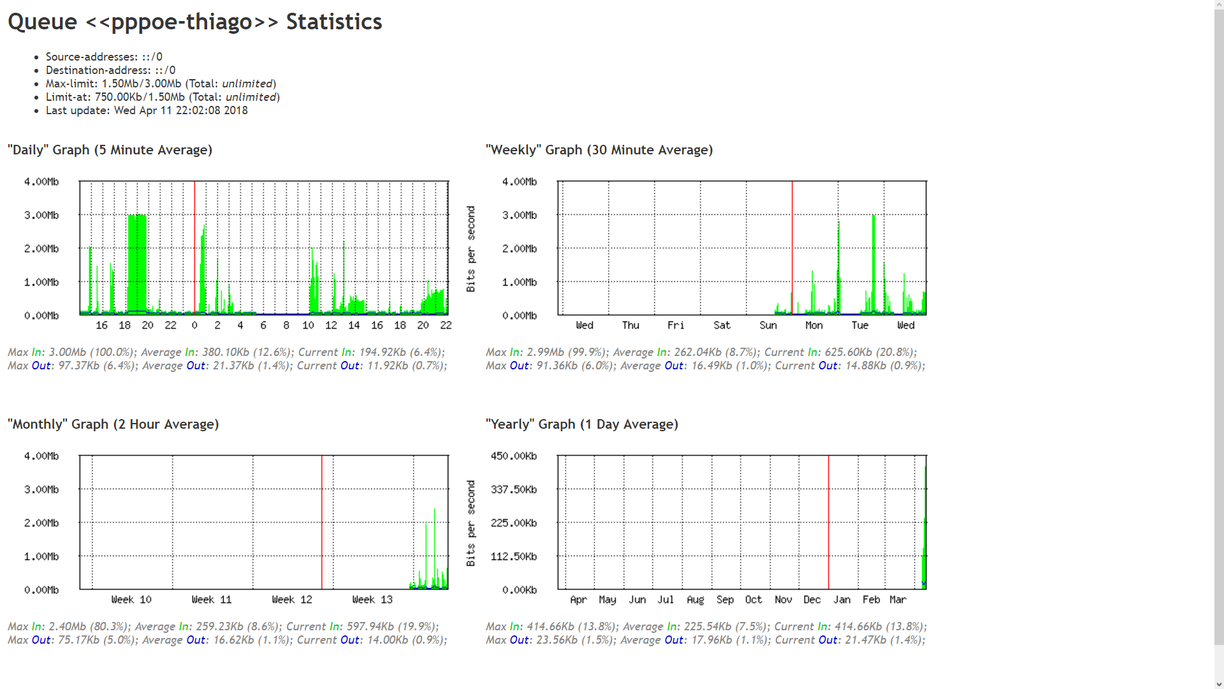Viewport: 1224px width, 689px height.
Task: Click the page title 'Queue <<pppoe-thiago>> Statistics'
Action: pyautogui.click(x=194, y=22)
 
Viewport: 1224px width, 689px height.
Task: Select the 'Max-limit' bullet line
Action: pyautogui.click(x=161, y=84)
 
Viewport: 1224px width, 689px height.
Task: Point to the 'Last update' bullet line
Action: pyautogui.click(x=147, y=110)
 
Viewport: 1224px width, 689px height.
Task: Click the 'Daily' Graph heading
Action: pyautogui.click(x=110, y=150)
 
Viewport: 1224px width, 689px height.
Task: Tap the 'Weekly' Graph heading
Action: pyautogui.click(x=599, y=150)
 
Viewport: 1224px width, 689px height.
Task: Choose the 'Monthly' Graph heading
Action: pyautogui.click(x=113, y=424)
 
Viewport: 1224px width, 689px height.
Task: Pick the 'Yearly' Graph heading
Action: pyautogui.click(x=581, y=424)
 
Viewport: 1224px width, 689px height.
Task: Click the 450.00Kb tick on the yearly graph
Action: pyautogui.click(x=513, y=456)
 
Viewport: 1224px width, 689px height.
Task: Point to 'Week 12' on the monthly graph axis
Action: pyautogui.click(x=292, y=600)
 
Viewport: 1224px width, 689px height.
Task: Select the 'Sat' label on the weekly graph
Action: pyautogui.click(x=722, y=325)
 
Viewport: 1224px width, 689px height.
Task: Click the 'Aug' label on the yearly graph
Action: pyautogui.click(x=695, y=600)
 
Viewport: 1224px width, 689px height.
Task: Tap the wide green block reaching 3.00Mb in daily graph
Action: pyautogui.click(x=137, y=262)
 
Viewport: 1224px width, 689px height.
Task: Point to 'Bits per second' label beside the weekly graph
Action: pyautogui.click(x=471, y=249)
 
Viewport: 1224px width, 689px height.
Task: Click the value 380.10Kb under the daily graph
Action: pyautogui.click(x=226, y=352)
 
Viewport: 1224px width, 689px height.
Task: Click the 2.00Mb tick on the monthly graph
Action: pyautogui.click(x=41, y=523)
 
